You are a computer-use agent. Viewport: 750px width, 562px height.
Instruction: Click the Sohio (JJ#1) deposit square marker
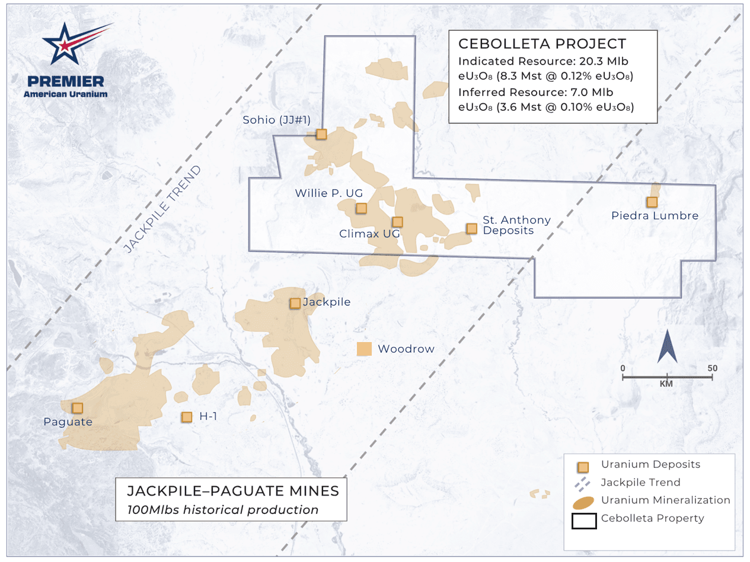tap(321, 135)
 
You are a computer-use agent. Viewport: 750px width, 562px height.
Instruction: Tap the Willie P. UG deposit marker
tap(361, 208)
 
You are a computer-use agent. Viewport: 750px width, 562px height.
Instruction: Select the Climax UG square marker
tap(397, 222)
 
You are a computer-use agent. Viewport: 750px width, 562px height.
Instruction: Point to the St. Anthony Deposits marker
tap(471, 228)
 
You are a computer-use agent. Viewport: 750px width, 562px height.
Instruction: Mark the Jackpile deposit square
tap(295, 303)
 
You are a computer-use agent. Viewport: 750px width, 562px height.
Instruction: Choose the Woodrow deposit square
tap(364, 349)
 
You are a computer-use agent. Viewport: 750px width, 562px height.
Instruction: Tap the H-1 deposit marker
tap(187, 417)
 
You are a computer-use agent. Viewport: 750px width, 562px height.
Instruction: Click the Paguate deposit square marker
tap(77, 408)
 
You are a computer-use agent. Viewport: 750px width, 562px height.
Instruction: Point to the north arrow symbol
tap(668, 347)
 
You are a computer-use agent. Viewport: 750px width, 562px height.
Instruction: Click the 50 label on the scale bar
tap(712, 368)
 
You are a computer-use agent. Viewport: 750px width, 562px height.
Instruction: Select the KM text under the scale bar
tap(667, 384)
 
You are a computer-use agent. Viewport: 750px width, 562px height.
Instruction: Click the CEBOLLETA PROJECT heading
tap(542, 43)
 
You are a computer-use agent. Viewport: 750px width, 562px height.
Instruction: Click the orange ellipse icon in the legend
tap(583, 502)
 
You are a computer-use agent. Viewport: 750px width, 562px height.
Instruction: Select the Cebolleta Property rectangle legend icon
tap(583, 521)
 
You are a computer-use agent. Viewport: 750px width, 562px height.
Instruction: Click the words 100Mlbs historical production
tap(223, 510)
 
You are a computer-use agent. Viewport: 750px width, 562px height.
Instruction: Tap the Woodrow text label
tap(406, 349)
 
